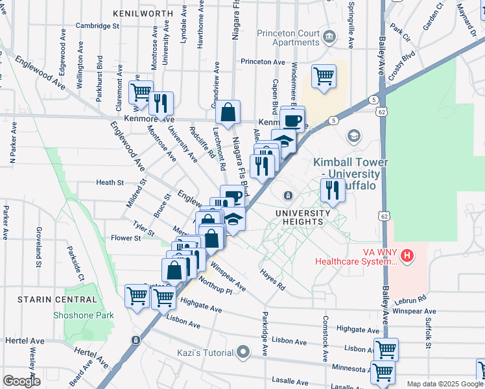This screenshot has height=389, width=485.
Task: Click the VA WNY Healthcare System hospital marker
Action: pos(407,255)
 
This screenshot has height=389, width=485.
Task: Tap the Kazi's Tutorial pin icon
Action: pos(243,353)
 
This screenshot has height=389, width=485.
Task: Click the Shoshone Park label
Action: pos(84,316)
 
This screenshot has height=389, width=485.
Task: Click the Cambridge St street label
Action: pos(97,26)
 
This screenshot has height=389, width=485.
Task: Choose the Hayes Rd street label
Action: pos(272,280)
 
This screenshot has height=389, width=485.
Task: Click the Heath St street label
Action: pos(110,183)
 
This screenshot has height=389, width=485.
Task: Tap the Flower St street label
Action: pos(126,238)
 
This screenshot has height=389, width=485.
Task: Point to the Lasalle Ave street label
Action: pos(289,379)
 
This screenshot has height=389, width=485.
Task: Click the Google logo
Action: pos(22,381)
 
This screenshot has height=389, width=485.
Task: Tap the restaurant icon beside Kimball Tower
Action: pos(332,190)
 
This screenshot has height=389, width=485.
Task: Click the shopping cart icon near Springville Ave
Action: pos(323,76)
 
